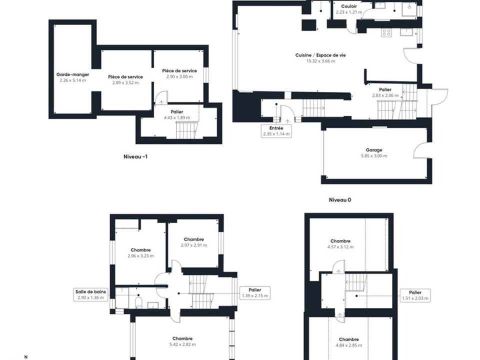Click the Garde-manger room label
[72, 74]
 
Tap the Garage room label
[374, 150]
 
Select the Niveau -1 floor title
[135, 156]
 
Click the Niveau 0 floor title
[340, 200]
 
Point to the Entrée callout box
[276, 131]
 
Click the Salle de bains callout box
[90, 294]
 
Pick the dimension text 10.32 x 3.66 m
[320, 61]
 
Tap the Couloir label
[349, 6]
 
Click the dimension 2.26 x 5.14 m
[73, 80]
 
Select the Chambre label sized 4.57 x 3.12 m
[340, 241]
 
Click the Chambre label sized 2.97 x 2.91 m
[194, 239]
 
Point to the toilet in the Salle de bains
[138, 302]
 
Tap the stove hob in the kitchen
[386, 33]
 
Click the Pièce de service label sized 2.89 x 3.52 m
[125, 77]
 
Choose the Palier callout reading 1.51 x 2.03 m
[415, 295]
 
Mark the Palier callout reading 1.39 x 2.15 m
[255, 292]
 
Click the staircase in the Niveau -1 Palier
[186, 130]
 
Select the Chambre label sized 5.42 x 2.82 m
[182, 338]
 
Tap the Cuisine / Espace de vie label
[320, 55]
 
